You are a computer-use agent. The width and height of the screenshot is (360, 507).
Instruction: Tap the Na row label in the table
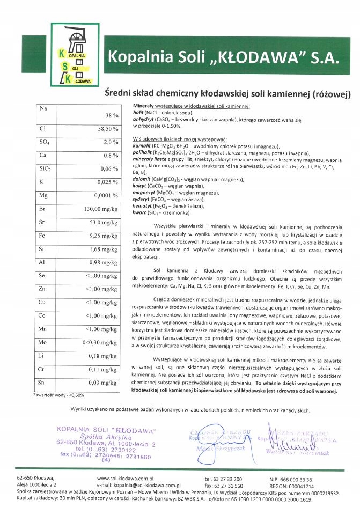tap(43, 108)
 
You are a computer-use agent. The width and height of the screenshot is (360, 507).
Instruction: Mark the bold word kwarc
tap(140, 213)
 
